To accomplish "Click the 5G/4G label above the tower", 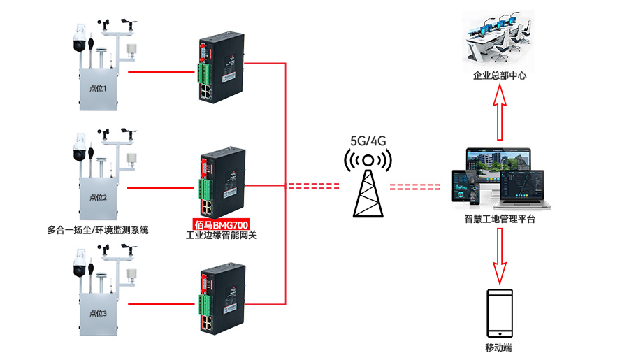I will tap(368, 141).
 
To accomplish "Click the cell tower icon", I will tap(369, 185).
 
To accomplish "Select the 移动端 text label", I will tap(498, 347).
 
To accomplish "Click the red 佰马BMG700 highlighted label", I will tap(222, 225).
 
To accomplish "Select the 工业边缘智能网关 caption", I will tap(222, 236).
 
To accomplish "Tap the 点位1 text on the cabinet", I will tap(99, 89).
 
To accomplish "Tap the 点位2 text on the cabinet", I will tap(99, 198).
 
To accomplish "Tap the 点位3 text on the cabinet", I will tap(99, 314).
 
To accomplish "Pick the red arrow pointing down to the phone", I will tap(499, 255).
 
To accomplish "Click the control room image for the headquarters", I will tap(499, 42).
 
